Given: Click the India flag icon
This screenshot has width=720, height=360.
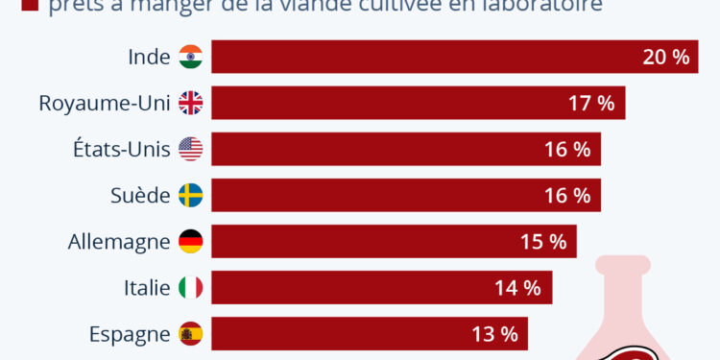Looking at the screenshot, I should [190, 57].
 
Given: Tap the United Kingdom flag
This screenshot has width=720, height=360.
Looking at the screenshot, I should [190, 103].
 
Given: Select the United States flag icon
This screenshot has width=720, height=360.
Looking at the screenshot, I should [190, 149].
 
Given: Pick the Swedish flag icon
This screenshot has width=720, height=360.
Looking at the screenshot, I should [190, 195].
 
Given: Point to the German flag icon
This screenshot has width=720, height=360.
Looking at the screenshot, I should [190, 241].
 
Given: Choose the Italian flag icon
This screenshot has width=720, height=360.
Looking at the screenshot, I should [190, 287].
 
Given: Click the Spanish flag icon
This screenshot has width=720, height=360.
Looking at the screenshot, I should [190, 333].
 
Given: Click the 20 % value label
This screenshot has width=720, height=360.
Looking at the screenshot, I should [666, 57].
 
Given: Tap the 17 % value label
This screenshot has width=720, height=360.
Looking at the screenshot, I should [591, 103].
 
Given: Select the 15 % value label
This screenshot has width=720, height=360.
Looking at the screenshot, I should [543, 241].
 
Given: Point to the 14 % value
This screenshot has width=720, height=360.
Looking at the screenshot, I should [518, 287].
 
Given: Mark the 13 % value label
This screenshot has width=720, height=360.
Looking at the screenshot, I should [494, 333].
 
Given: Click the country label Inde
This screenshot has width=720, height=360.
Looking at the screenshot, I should [149, 57].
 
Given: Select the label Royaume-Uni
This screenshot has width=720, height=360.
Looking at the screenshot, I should [105, 103].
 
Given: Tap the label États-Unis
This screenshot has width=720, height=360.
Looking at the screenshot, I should [119, 149].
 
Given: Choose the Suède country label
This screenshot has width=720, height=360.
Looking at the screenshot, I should [140, 195].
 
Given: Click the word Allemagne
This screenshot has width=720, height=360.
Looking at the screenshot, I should [118, 241].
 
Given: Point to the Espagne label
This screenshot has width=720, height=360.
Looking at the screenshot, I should [130, 333].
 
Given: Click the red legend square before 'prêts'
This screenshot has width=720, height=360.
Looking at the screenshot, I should [28, 7].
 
